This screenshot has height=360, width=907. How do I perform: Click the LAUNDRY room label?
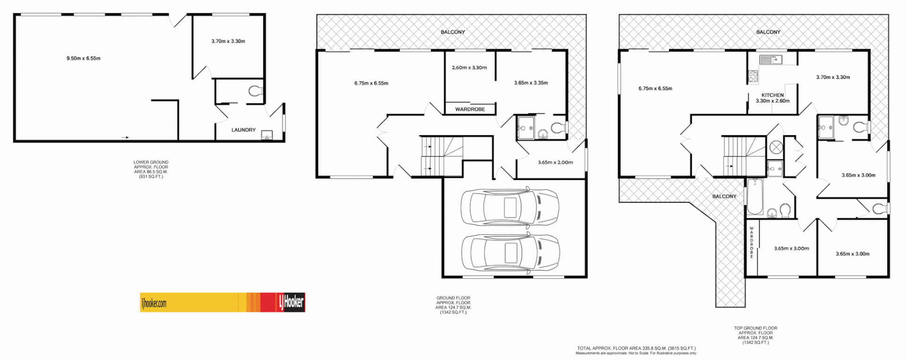click(243, 130)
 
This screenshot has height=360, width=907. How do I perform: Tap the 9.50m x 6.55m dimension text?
click(83, 59)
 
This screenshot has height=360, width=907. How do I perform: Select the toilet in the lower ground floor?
click(256, 91)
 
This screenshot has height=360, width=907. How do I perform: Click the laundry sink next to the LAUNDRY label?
click(267, 136)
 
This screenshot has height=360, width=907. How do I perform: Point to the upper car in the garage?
click(510, 207)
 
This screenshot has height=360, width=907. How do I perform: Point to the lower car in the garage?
click(510, 253)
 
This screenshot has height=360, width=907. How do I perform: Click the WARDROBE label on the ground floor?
click(470, 109)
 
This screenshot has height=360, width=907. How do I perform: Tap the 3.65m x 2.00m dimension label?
click(555, 163)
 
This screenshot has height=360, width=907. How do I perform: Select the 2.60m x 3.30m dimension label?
click(469, 68)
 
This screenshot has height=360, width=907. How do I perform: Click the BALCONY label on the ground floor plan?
click(453, 32)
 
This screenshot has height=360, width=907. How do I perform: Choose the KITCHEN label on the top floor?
click(772, 95)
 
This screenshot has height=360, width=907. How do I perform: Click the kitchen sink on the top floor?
click(770, 60)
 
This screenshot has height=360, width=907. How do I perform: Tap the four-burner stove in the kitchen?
click(753, 77)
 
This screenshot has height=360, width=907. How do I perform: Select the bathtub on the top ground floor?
click(754, 197)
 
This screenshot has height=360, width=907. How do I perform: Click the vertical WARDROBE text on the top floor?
click(752, 242)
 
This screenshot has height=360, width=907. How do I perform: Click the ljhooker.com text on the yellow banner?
click(154, 303)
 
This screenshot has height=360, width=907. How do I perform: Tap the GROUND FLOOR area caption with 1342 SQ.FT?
click(453, 305)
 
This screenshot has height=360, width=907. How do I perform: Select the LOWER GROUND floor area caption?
click(151, 169)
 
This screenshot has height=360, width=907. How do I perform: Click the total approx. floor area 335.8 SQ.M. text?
click(636, 348)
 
